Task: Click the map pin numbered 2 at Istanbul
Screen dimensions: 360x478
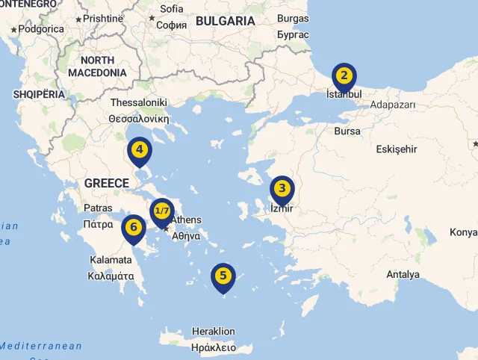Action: click(x=344, y=75)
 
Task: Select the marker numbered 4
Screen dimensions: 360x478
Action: click(x=139, y=149)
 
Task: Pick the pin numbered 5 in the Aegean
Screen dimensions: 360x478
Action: click(x=223, y=276)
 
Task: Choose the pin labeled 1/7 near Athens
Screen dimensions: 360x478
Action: click(x=162, y=211)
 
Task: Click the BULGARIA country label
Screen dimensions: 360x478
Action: click(x=225, y=21)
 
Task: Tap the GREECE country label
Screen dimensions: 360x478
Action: click(x=107, y=183)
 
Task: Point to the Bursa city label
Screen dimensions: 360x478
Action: click(x=347, y=131)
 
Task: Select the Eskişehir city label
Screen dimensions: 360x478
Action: click(x=396, y=149)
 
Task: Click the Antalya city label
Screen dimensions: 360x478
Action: click(x=403, y=274)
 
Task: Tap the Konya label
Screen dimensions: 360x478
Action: click(x=463, y=232)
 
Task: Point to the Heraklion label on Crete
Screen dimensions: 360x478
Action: click(x=213, y=331)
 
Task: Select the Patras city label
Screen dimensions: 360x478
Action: click(x=98, y=208)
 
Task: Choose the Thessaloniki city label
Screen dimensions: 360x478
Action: click(x=138, y=102)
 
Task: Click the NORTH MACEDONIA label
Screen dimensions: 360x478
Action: click(x=97, y=66)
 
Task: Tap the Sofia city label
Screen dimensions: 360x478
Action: click(x=171, y=9)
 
